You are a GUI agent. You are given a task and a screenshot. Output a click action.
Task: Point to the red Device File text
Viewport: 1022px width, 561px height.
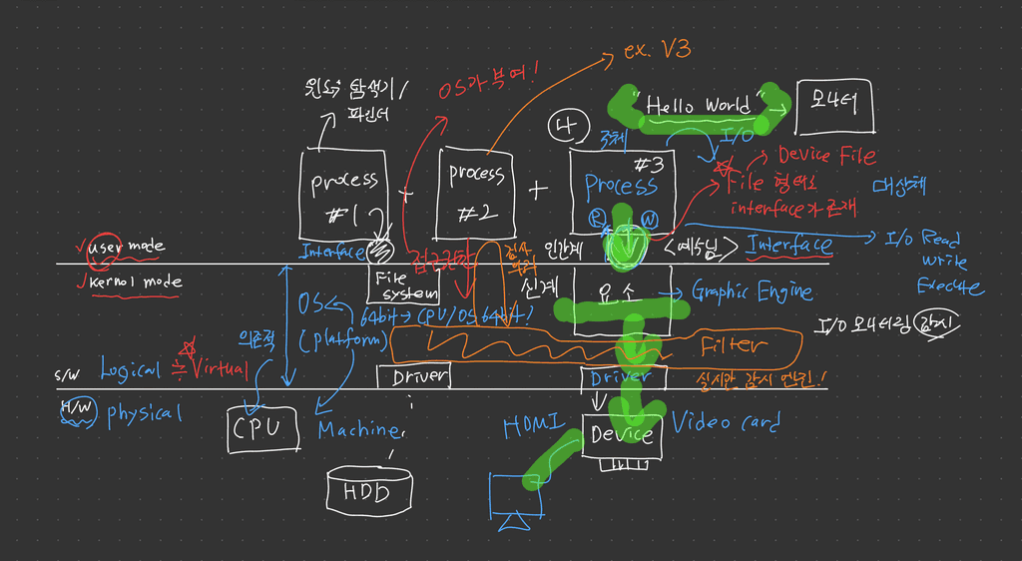[x=827, y=156]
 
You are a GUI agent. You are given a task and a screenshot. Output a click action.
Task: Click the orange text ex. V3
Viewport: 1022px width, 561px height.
[x=660, y=50]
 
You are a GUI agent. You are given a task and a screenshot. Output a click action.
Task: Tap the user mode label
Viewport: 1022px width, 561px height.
[x=127, y=247]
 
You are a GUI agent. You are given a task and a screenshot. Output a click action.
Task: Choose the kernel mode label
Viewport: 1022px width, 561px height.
[x=136, y=282]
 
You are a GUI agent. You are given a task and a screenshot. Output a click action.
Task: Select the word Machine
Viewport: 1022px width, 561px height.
[x=360, y=430]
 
